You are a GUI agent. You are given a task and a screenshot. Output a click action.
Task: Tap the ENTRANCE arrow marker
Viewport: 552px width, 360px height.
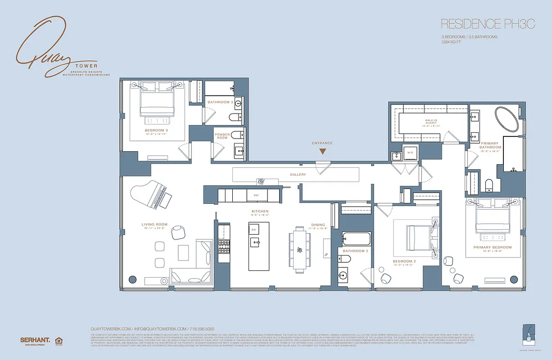(x=322, y=152)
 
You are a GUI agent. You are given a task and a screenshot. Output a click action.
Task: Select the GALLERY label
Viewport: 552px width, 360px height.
(x=298, y=175)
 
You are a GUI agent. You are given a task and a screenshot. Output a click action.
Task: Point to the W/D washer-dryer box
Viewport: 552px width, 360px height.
(x=410, y=153)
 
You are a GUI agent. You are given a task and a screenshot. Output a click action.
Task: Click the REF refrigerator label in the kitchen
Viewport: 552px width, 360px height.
(x=256, y=196)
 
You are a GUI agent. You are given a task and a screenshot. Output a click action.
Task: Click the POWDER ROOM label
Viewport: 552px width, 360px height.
(x=222, y=136)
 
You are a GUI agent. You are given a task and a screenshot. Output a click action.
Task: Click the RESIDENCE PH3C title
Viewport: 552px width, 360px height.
(x=488, y=24)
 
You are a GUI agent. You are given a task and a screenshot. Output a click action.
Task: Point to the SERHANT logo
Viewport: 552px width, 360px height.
(x=34, y=340)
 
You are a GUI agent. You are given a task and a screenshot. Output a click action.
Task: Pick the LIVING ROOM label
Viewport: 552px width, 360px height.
(x=154, y=225)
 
